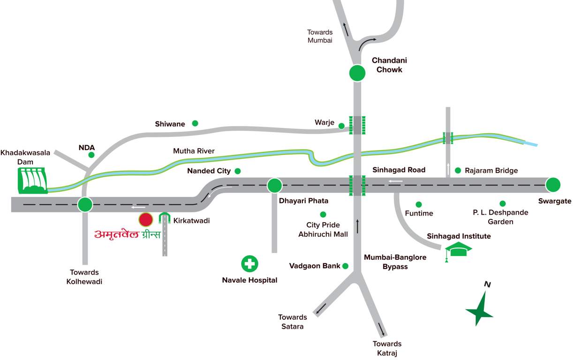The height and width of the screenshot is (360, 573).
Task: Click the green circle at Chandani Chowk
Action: pyautogui.click(x=357, y=73)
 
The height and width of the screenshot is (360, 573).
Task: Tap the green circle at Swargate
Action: pyautogui.click(x=553, y=185)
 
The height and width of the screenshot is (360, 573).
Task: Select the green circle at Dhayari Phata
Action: pyautogui.click(x=274, y=186)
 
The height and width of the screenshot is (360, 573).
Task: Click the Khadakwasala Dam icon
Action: pyautogui.click(x=32, y=180)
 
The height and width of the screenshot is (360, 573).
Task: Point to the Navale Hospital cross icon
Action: pyautogui.click(x=249, y=263)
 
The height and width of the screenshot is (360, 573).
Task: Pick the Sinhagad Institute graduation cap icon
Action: pyautogui.click(x=458, y=251)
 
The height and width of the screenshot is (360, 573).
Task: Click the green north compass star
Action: pyautogui.click(x=480, y=310)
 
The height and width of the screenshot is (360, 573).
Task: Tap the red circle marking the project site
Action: pyautogui.click(x=145, y=219)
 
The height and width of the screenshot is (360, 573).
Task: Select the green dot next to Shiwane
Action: pyautogui.click(x=195, y=123)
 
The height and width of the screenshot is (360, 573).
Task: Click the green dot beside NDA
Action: pyautogui.click(x=91, y=155)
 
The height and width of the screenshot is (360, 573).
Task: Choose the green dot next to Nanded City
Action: pyautogui.click(x=238, y=171)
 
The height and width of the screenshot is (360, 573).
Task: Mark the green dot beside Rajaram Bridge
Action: pyautogui.click(x=458, y=170)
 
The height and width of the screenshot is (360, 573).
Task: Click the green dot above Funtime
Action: pyautogui.click(x=419, y=204)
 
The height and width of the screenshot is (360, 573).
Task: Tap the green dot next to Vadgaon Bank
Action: pyautogui.click(x=346, y=266)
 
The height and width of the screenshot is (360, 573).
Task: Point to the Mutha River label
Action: pyautogui.click(x=194, y=151)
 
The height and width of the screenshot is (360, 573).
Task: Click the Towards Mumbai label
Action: pyautogui.click(x=320, y=36)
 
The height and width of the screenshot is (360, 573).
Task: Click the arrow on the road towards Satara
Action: pyautogui.click(x=321, y=309)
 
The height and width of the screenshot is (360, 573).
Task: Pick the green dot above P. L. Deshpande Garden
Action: pyautogui.click(x=502, y=203)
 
